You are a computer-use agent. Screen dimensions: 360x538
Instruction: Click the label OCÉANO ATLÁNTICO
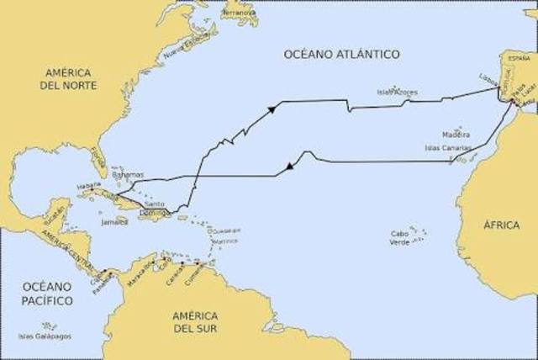tap(341, 55)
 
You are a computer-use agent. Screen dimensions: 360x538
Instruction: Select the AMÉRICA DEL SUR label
tap(195, 321)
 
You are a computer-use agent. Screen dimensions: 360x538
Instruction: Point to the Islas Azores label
tap(397, 92)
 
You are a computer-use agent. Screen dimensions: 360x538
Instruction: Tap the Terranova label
tap(241, 13)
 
